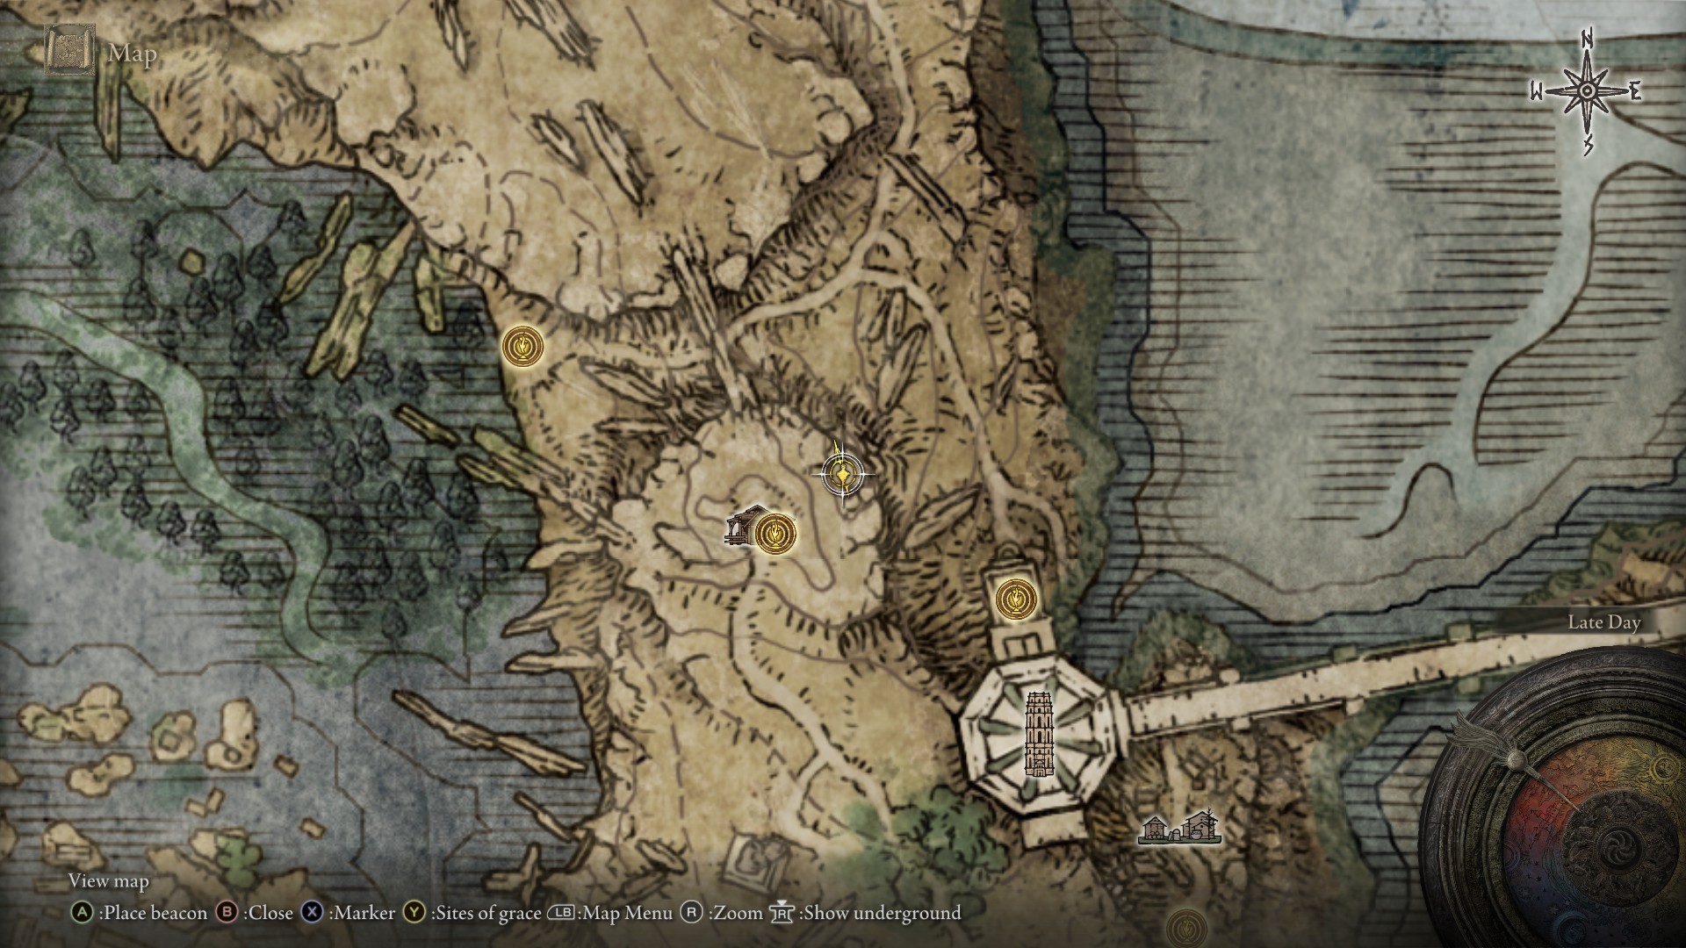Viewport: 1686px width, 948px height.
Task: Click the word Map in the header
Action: pyautogui.click(x=133, y=54)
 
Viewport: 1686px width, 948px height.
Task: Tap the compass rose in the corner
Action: pyautogui.click(x=1586, y=91)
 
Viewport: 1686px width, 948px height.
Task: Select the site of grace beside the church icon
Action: pyautogui.click(x=775, y=534)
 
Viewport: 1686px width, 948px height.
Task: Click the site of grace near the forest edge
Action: pyautogui.click(x=522, y=347)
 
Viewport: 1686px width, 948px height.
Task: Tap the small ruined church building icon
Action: pyautogui.click(x=742, y=527)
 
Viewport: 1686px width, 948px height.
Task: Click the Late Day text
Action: pyautogui.click(x=1603, y=622)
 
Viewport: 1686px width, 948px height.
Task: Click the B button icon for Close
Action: pyautogui.click(x=227, y=913)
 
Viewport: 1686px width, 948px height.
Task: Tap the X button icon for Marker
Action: pyautogui.click(x=312, y=913)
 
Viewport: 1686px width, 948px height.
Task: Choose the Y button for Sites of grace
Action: pyautogui.click(x=414, y=913)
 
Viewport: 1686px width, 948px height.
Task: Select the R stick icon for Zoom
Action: pyautogui.click(x=692, y=913)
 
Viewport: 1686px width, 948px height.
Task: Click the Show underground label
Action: pyautogui.click(x=882, y=913)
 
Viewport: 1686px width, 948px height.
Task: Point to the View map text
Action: pyautogui.click(x=109, y=880)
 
